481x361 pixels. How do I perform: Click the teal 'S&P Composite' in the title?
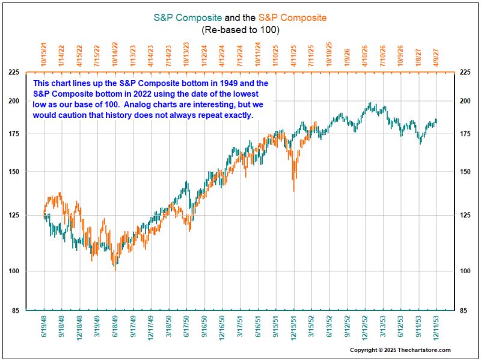pos(188,18)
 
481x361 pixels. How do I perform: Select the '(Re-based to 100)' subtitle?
pos(240,29)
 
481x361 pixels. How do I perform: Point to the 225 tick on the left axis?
pos(13,72)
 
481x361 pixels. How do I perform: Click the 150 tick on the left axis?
pos(13,171)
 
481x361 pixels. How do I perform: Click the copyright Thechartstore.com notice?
pos(401,350)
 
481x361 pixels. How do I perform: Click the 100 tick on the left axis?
pos(13,271)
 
